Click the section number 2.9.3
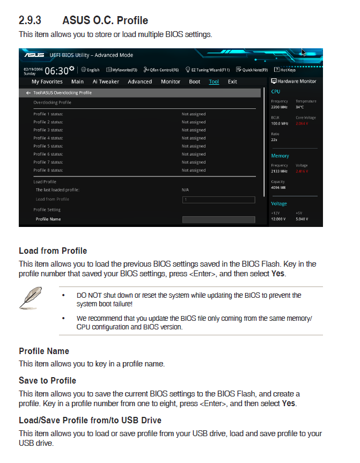click(x=30, y=21)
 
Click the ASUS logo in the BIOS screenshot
click(x=34, y=55)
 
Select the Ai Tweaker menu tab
click(x=106, y=82)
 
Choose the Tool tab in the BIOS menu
click(x=214, y=82)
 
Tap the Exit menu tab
click(x=232, y=82)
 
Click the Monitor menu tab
click(x=171, y=82)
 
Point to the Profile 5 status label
click(x=48, y=146)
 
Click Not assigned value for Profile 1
click(x=194, y=114)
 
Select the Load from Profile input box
click(x=218, y=200)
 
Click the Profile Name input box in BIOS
click(x=218, y=219)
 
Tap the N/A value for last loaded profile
click(x=186, y=190)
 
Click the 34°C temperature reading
click(x=300, y=107)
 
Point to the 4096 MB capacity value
click(x=278, y=188)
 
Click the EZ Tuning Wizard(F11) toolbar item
click(x=208, y=70)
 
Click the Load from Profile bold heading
click(x=53, y=251)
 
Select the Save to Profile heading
click(x=47, y=381)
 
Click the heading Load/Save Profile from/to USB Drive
click(x=90, y=420)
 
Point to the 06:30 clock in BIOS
click(x=56, y=70)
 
